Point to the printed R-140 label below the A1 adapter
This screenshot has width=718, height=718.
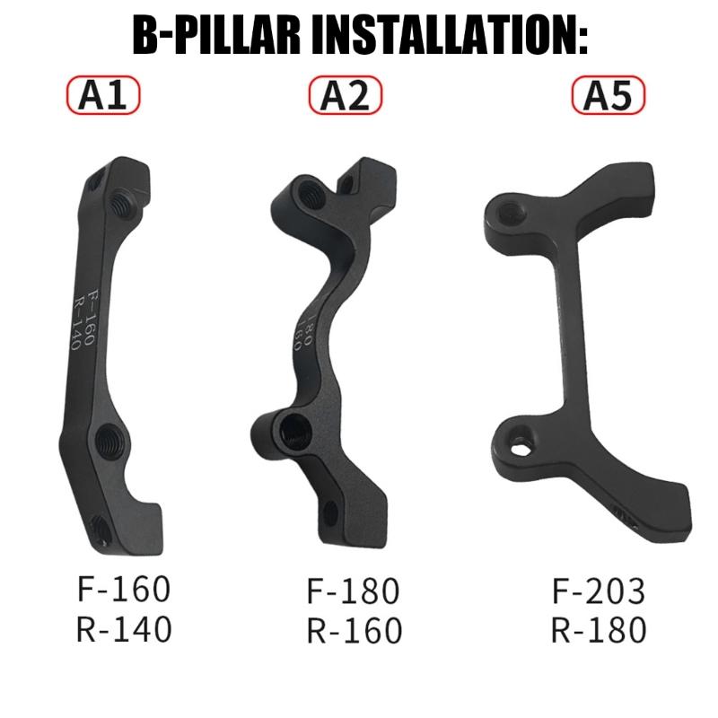(x=123, y=630)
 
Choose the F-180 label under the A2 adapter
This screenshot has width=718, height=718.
(x=354, y=591)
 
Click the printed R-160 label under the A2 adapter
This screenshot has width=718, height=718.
(x=354, y=631)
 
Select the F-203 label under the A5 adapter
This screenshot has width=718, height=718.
(x=598, y=590)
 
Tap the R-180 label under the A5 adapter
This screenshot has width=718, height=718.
(x=598, y=630)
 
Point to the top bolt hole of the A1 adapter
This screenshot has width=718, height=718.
(x=118, y=202)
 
